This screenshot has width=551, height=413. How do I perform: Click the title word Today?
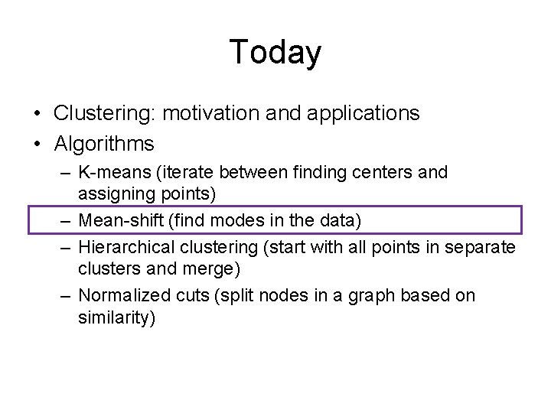click(275, 52)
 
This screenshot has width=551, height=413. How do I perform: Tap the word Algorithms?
click(104, 143)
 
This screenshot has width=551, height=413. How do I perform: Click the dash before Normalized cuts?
click(67, 296)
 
